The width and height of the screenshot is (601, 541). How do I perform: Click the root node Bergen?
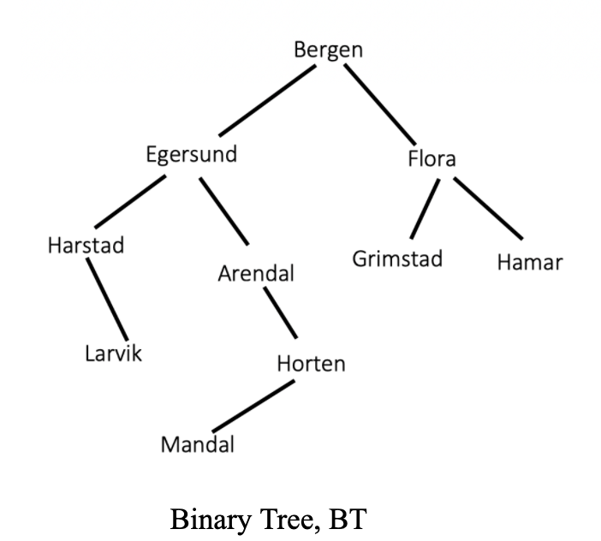(328, 51)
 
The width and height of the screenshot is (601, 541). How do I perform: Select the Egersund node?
(191, 156)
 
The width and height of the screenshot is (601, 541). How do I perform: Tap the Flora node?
(431, 159)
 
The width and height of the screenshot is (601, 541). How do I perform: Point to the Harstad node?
(86, 246)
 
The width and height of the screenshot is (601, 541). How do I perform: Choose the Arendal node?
(256, 274)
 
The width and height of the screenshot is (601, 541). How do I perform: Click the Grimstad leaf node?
(397, 259)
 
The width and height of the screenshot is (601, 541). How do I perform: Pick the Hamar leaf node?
(529, 262)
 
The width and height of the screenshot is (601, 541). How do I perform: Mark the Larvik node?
(113, 353)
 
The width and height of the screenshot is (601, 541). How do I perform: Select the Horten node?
(311, 364)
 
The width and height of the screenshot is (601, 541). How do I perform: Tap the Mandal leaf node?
(197, 445)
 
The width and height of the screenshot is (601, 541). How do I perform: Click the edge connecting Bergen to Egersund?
(266, 101)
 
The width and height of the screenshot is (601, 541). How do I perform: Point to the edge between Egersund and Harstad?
(129, 201)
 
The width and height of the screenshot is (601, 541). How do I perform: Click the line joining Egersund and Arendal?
(223, 211)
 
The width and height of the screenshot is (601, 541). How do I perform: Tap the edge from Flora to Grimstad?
(425, 208)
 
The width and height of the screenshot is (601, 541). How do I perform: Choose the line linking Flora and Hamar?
(487, 208)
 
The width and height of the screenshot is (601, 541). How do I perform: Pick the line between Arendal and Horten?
(281, 313)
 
